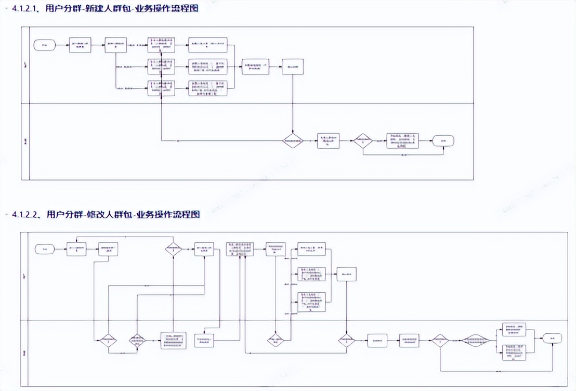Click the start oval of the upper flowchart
click(45, 45)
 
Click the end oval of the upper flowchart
click(443, 140)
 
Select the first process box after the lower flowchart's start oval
click(76, 250)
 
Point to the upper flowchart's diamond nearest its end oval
click(363, 140)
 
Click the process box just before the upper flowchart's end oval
click(402, 140)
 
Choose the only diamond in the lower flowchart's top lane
click(174, 250)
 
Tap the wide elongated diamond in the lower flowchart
click(477, 341)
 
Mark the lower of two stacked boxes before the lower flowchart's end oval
click(516, 352)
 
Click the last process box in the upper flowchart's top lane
click(293, 67)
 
